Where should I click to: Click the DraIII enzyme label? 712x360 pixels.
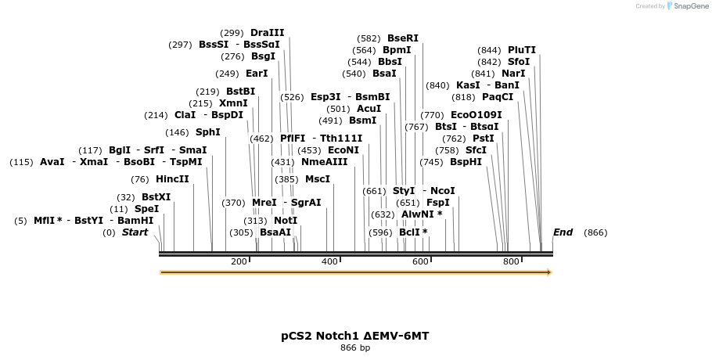coord(267,33)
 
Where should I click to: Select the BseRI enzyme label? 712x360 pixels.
coord(402,38)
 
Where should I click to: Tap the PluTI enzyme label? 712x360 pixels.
coord(522,50)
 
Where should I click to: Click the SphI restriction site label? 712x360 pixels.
coord(207,132)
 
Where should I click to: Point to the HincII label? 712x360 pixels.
coord(172,179)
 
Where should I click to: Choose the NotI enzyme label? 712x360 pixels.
coord(286,221)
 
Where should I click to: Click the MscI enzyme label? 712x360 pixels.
coord(317,179)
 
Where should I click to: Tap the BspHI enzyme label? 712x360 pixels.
coord(466,162)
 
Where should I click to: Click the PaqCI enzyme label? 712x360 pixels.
coord(498,97)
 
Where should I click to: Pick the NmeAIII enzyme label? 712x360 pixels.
coord(324,162)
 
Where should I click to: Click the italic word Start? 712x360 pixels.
coord(135,232)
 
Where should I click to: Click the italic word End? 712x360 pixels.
coord(563,232)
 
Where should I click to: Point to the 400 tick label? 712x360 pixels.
coord(329,261)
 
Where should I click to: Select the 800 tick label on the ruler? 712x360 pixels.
coord(511,261)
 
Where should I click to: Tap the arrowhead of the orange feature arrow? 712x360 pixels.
coord(549,272)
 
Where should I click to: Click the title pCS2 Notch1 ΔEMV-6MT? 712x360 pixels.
coord(354,336)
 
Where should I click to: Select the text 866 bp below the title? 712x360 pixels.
coord(354,347)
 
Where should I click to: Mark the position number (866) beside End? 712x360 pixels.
coord(595,232)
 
